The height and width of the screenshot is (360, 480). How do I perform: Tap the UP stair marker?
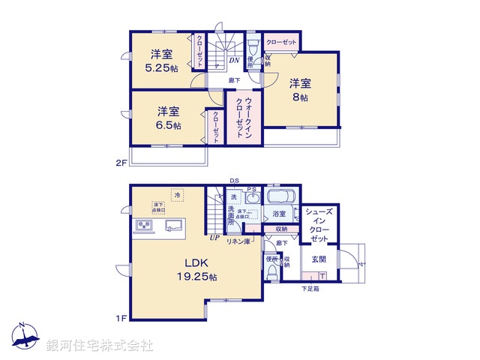(214, 238)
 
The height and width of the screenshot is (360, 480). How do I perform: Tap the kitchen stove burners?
(144, 226)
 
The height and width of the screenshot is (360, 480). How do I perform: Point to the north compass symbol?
(24, 337)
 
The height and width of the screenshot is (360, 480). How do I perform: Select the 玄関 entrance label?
(319, 259)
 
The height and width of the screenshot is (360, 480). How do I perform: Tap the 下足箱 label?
(310, 289)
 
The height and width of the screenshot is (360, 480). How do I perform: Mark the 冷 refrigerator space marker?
(178, 195)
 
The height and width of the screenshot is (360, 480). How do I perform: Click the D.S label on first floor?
(235, 181)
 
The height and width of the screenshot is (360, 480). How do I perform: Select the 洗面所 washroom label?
(233, 217)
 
